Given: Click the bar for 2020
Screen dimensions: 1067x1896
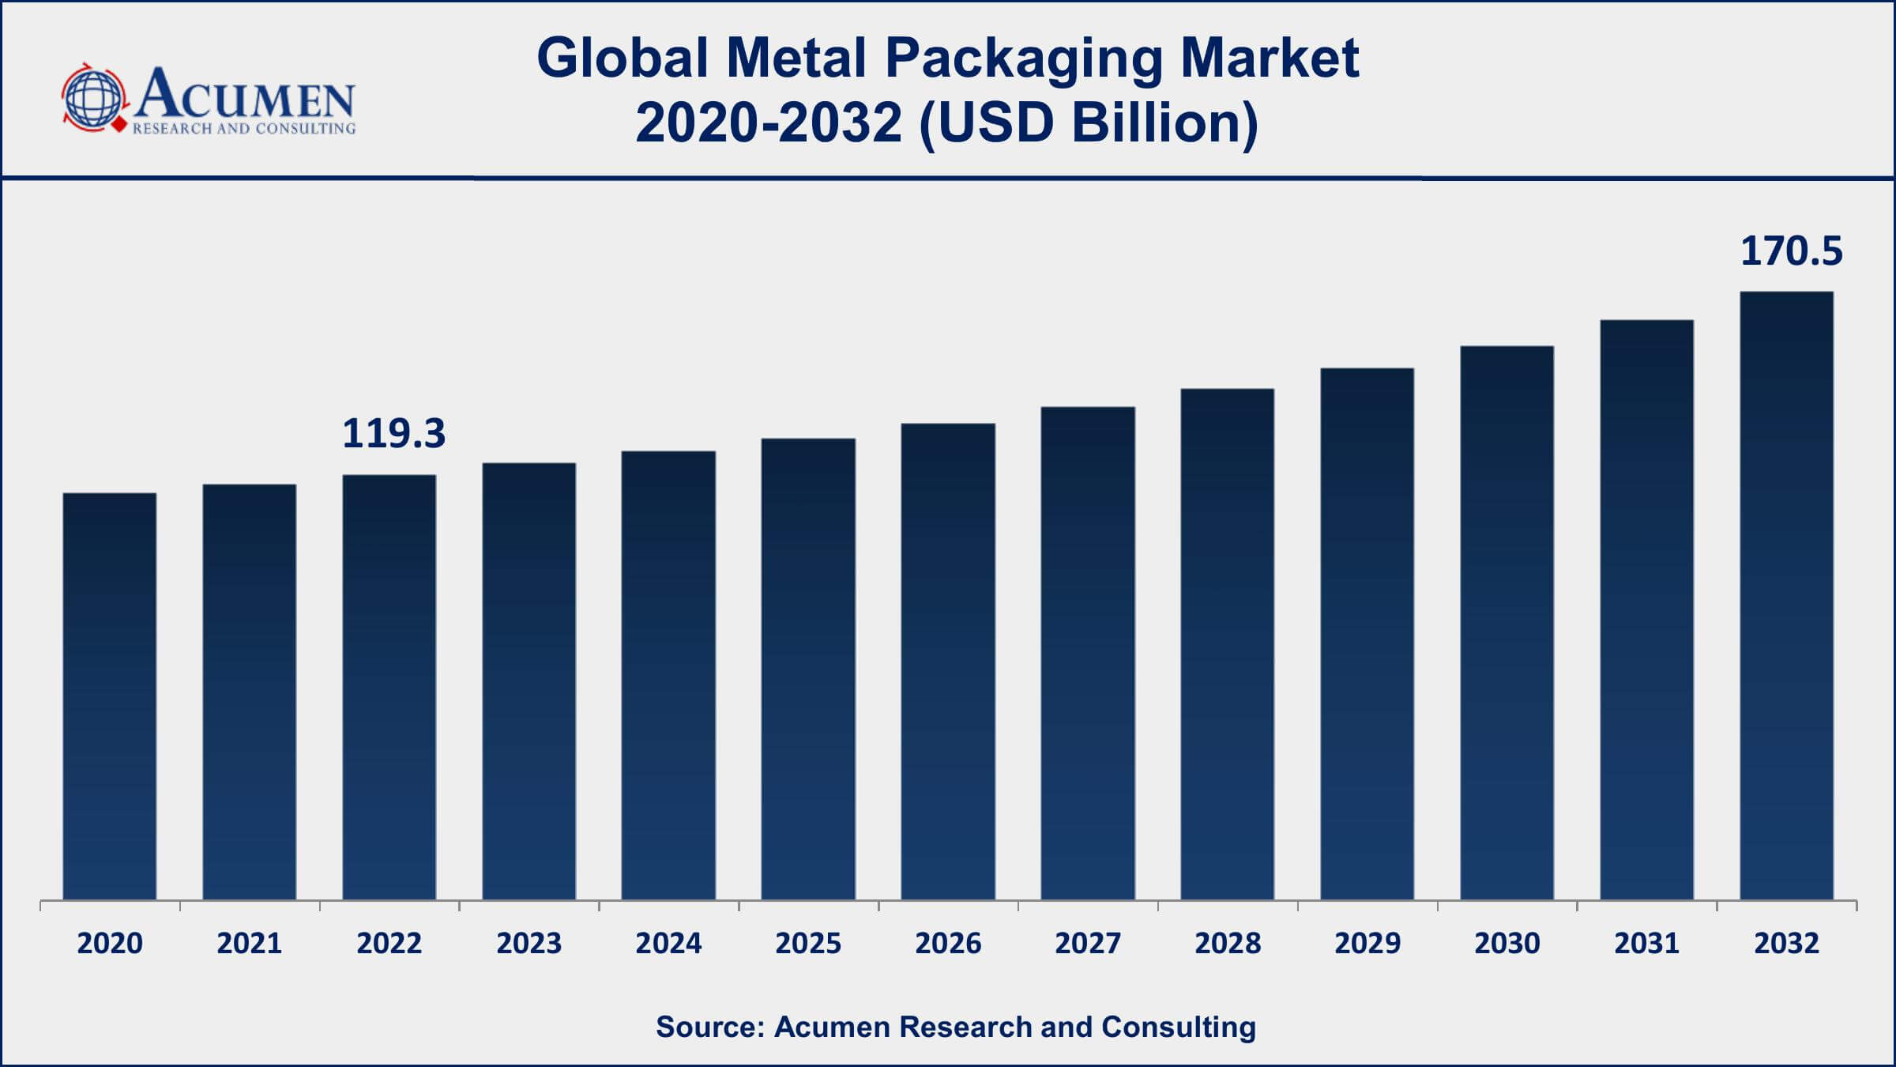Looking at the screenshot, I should (x=110, y=696).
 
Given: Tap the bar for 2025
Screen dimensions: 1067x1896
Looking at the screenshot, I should (x=808, y=669).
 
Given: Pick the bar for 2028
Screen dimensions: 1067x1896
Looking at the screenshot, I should (x=1227, y=643).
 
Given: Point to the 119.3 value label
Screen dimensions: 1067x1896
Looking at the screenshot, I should (x=393, y=434).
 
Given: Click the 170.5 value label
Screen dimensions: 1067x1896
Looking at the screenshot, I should (x=1791, y=251).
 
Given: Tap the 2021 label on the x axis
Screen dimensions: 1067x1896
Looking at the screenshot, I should (x=249, y=943).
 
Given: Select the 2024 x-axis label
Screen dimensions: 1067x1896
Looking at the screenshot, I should (x=668, y=943).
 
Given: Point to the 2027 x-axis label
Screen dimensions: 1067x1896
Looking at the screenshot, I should (x=1088, y=943).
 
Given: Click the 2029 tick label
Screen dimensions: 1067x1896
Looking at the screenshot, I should (x=1367, y=943).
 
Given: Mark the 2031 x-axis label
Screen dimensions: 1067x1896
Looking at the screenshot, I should (x=1646, y=943).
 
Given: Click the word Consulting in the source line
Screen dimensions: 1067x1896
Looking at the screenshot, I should (x=1178, y=1027).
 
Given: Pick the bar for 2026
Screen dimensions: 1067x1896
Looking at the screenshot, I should (x=948, y=661).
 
